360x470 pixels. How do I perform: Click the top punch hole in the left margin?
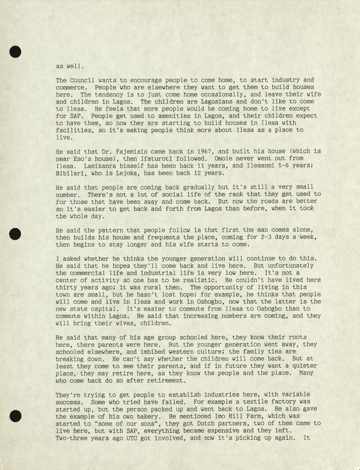tap(15, 52)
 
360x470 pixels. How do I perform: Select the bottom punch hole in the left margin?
tap(15, 416)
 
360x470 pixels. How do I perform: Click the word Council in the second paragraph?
tap(82, 80)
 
